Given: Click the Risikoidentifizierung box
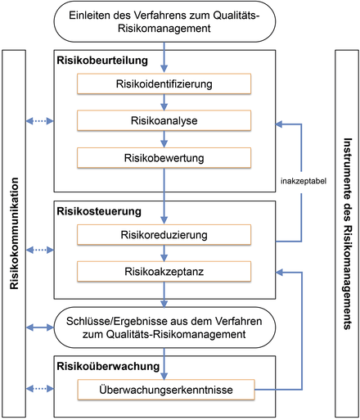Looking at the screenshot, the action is [x=164, y=84].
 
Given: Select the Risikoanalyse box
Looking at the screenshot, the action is [x=164, y=120].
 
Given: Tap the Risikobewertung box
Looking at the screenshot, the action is [x=164, y=158].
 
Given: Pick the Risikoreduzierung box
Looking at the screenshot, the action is [x=164, y=234].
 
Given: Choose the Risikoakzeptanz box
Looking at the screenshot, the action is [x=164, y=272].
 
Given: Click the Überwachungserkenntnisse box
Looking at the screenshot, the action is [x=166, y=390].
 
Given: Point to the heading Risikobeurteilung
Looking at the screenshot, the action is [x=102, y=61].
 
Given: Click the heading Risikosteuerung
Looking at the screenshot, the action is [x=99, y=211].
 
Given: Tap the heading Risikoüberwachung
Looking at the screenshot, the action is [x=108, y=366].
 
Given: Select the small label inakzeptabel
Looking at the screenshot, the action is [x=304, y=181].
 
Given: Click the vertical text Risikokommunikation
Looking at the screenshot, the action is [x=14, y=233].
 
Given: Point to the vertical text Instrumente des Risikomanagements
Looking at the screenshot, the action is [x=347, y=233].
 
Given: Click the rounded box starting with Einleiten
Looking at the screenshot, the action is [x=164, y=21].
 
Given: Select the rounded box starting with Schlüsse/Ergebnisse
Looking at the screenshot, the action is [x=164, y=327].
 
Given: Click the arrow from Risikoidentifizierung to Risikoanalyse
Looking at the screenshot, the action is [x=164, y=102].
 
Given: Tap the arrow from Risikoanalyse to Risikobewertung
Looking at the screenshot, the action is [x=164, y=139].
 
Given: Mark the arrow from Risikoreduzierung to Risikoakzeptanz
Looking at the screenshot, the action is [x=164, y=253].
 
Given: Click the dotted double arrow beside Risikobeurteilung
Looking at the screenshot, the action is [x=40, y=121].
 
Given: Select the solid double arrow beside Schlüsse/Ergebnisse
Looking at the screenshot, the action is [x=40, y=327].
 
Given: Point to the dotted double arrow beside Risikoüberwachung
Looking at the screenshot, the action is [x=40, y=389].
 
